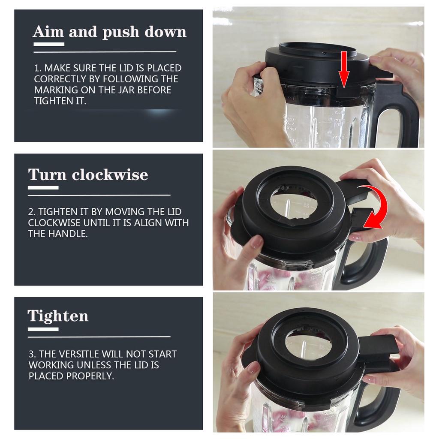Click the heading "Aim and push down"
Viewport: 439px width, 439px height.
tap(109, 32)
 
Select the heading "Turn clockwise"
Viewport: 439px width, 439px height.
tap(88, 175)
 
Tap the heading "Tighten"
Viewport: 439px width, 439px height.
tap(58, 316)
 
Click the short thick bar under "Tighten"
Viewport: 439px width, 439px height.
tap(43, 329)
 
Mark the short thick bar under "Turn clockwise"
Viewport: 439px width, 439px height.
tap(43, 188)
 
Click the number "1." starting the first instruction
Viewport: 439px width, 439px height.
tap(37, 68)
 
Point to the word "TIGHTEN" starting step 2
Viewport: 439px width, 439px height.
tap(56, 212)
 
